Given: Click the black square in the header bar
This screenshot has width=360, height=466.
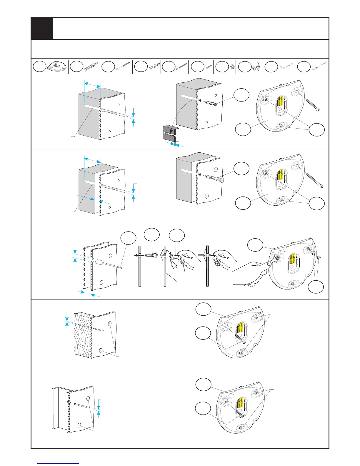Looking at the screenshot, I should click(x=42, y=28).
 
